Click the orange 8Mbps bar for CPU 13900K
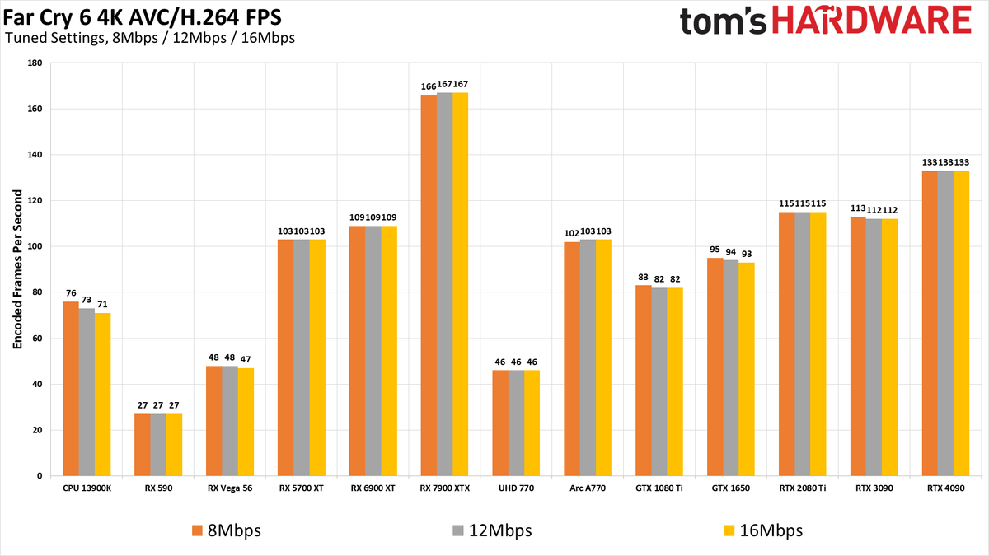71,389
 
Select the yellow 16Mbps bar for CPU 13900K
102,395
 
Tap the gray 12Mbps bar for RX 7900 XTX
444,284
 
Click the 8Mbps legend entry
226,530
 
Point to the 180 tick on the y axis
34,63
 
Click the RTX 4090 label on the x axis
945,488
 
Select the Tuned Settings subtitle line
149,38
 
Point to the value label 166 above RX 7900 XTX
429,85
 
